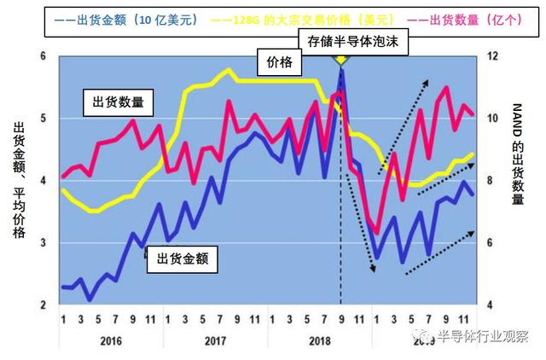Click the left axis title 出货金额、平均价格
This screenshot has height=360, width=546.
coord(19,179)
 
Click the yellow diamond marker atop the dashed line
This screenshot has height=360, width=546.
coord(341,58)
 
